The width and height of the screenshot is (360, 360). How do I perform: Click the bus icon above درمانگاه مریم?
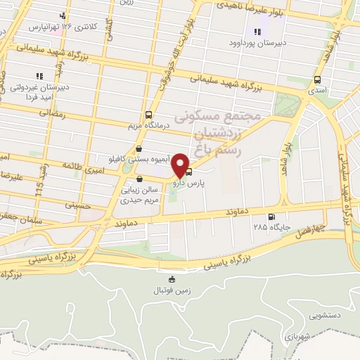[x=148, y=115]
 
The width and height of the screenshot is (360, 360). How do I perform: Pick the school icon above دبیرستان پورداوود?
[x=257, y=31]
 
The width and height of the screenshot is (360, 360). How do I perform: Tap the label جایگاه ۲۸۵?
[x=271, y=228]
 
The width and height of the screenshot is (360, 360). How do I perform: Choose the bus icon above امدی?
[x=317, y=79]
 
